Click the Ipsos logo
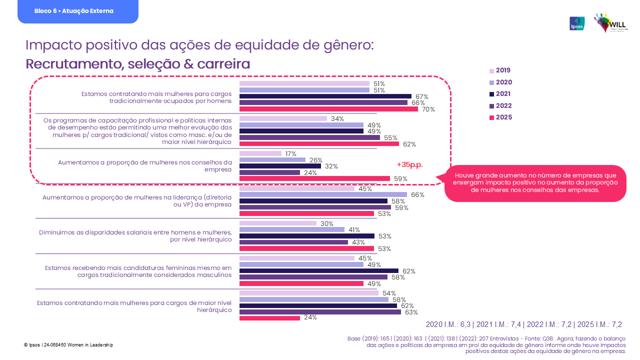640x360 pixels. (577, 23)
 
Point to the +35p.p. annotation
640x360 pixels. (409, 164)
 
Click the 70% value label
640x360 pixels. (428, 109)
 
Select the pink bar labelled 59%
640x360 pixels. (314, 178)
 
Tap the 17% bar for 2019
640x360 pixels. (260, 153)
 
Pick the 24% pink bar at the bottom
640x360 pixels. (269, 317)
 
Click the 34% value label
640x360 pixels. (337, 119)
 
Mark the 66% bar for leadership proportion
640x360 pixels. (323, 194)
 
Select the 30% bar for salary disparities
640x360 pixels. (278, 223)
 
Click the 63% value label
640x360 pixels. (411, 312)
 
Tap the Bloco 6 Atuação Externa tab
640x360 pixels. (74, 11)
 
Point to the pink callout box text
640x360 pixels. (535, 183)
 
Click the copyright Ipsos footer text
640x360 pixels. (68, 345)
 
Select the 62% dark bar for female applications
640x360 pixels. (319, 271)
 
